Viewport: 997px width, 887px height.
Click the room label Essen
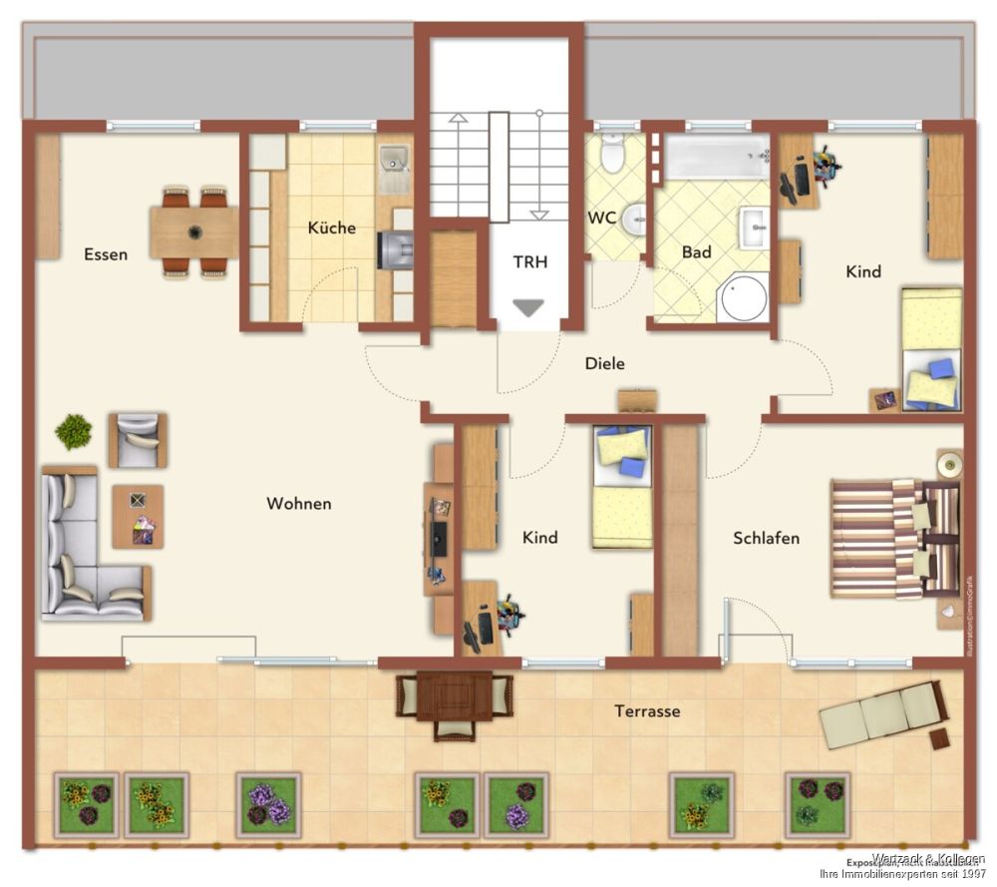pos(106,254)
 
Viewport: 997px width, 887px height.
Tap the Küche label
pos(331,227)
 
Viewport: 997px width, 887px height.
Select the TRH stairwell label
pos(530,262)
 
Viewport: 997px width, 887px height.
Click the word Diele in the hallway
pos(604,364)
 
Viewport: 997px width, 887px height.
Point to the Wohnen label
pos(298,504)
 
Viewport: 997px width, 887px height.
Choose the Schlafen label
pos(766,538)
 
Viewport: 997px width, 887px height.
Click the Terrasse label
pos(647,710)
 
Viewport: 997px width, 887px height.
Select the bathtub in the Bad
pos(717,158)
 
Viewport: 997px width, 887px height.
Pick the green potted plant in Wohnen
pos(73,432)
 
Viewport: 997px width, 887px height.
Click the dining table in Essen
pos(193,231)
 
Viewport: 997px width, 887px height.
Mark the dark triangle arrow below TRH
pos(528,308)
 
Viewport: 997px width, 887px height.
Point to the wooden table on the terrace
pos(455,696)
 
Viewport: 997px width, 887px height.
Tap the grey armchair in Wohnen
pos(138,439)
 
